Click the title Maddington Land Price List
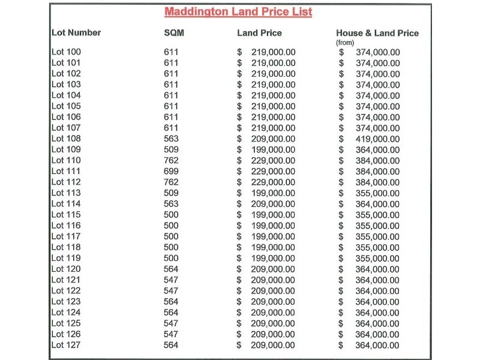click(238, 12)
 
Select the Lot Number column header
click(76, 33)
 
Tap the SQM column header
click(173, 33)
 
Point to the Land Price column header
click(259, 33)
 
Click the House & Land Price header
click(377, 33)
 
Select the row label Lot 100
click(66, 52)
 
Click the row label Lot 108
click(66, 139)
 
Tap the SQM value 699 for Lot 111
click(171, 171)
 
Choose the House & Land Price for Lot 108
click(377, 139)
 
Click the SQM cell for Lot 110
click(171, 160)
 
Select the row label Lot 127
click(66, 345)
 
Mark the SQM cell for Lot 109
click(171, 149)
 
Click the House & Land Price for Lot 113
click(377, 193)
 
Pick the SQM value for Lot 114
click(171, 203)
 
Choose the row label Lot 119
click(66, 258)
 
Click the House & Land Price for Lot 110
click(377, 161)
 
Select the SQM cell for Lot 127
click(171, 345)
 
